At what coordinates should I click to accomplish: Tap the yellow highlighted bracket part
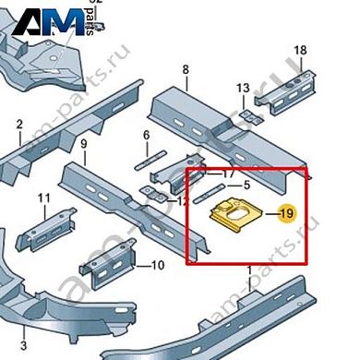coord(233,214)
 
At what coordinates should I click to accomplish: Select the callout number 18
coord(299,49)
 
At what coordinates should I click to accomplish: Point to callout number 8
coord(186,70)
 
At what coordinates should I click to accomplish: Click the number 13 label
coord(243,89)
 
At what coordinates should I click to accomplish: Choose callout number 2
coord(18,124)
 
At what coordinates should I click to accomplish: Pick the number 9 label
coord(83,144)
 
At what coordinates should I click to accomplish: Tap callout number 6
coord(146,136)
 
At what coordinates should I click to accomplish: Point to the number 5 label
coord(246,185)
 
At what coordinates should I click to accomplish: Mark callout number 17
coord(228,173)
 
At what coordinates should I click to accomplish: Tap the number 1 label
coord(249,269)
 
